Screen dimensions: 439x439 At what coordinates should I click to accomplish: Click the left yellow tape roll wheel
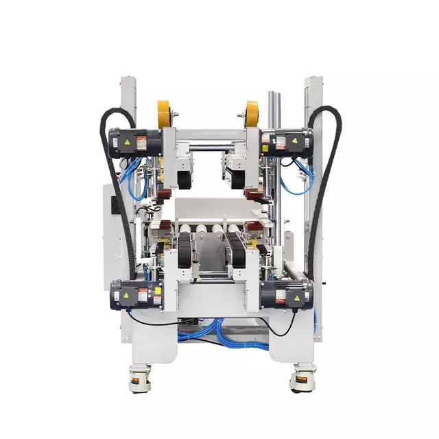tap(164, 113)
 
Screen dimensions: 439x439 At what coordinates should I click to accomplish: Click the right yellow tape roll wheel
tap(252, 113)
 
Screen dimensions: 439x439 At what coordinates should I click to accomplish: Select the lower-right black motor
tap(287, 294)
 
